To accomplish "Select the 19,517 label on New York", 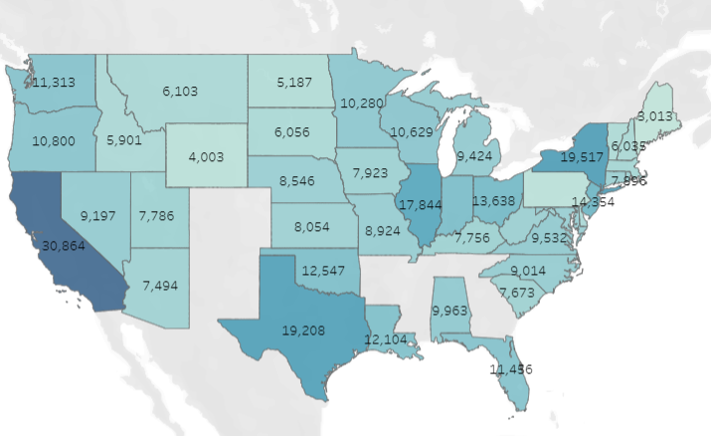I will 584,156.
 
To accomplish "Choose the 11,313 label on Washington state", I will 56,83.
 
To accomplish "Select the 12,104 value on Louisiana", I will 389,338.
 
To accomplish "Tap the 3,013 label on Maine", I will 655,116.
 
